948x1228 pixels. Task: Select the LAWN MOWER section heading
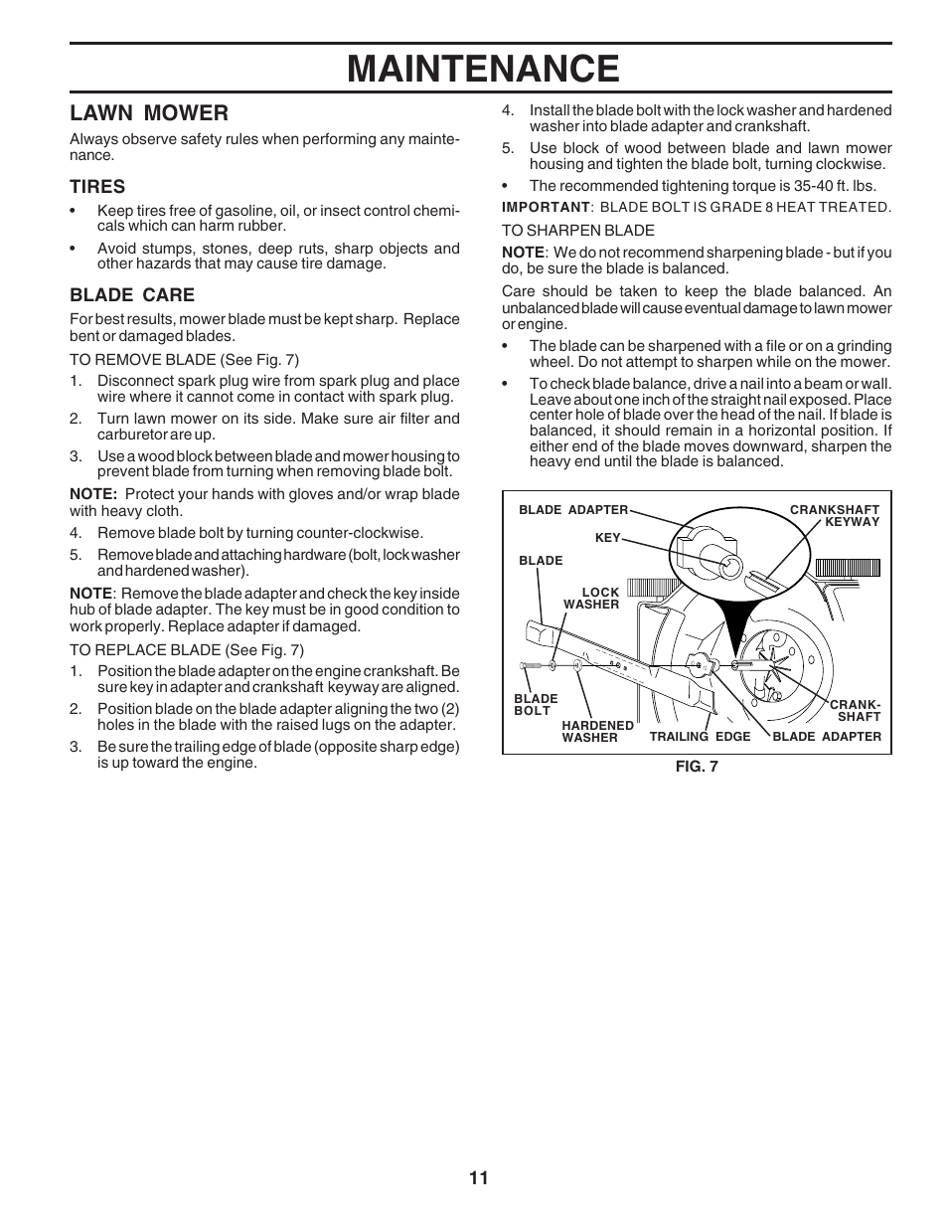(x=148, y=112)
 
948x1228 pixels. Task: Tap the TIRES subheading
(x=97, y=186)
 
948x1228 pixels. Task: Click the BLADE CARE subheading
(x=132, y=294)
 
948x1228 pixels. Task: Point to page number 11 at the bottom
(x=479, y=1178)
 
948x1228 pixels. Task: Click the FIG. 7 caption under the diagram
(x=696, y=767)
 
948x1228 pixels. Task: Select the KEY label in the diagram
(x=607, y=538)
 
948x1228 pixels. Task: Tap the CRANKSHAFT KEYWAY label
(x=835, y=515)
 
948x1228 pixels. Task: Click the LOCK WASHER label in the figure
(x=592, y=598)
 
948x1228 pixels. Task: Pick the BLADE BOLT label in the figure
(x=536, y=705)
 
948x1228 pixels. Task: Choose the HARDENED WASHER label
(x=597, y=731)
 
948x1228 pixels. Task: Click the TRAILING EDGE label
(x=700, y=737)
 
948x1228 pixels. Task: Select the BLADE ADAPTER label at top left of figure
(x=573, y=510)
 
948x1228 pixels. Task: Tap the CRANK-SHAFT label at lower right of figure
(x=856, y=711)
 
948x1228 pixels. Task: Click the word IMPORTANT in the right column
(x=546, y=207)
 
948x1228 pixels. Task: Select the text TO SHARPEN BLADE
(x=577, y=230)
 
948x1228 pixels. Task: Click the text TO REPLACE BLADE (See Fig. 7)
(x=186, y=650)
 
